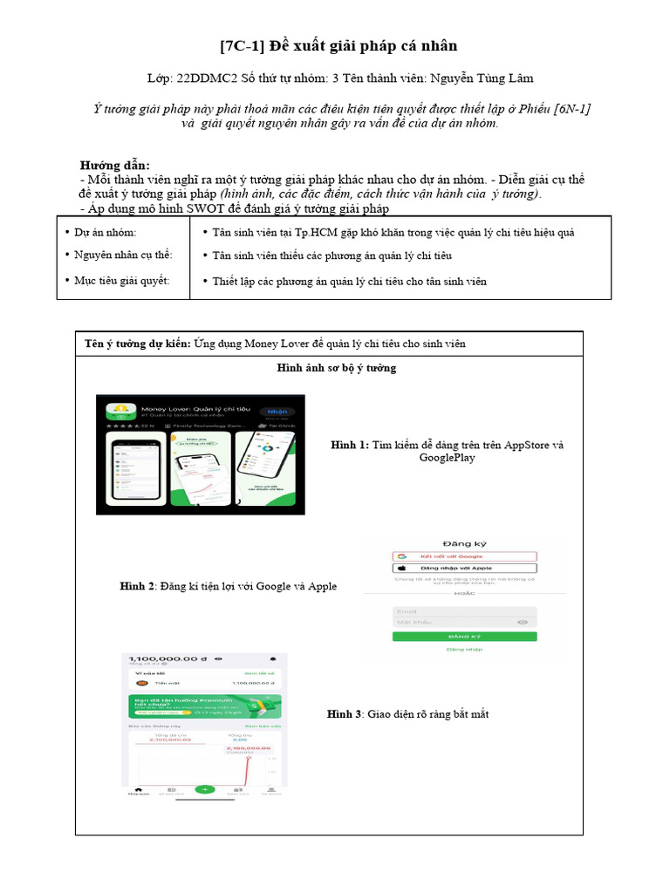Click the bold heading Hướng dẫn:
pos(115,165)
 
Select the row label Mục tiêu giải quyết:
pos(121,281)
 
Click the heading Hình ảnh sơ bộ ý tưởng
pos(336,368)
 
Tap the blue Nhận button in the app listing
pos(277,412)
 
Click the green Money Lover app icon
pos(120,413)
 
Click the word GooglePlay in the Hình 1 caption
pos(447,458)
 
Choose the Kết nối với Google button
pos(463,556)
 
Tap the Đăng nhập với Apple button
pos(463,568)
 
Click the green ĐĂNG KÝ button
pos(463,637)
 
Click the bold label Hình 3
pos(344,714)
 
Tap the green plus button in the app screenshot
pos(205,788)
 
